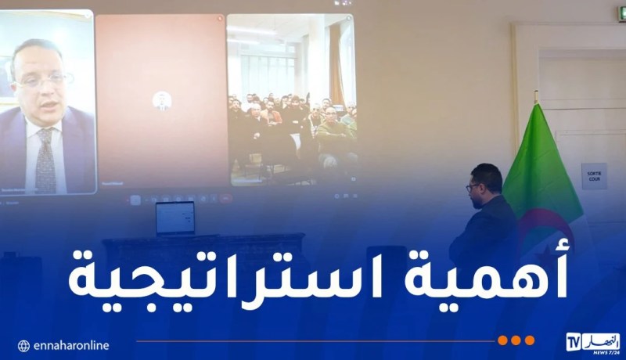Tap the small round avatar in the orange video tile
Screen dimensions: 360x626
pos(162,100)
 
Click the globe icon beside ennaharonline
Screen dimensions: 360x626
pos(23,345)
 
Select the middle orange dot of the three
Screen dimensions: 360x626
pos(516,340)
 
